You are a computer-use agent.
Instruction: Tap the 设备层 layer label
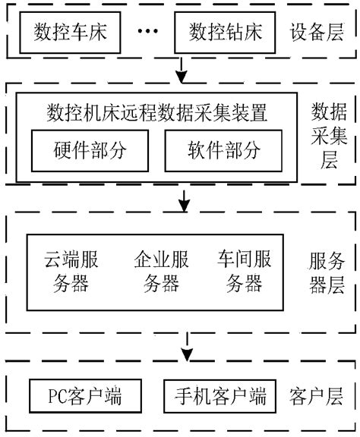coord(315,32)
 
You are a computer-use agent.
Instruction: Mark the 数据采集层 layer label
coord(329,137)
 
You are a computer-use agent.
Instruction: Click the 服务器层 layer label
coord(327,272)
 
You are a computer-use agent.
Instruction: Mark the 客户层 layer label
coord(315,396)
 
